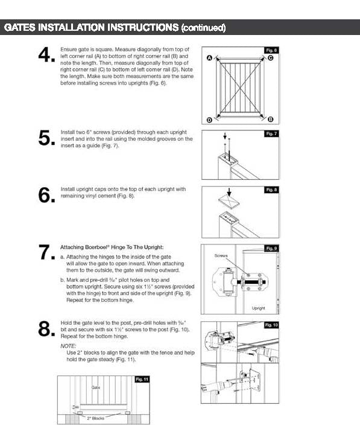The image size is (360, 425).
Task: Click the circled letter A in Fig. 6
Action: (209, 58)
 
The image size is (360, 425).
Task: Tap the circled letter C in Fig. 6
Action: (270, 58)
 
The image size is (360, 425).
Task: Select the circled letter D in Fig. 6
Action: (209, 120)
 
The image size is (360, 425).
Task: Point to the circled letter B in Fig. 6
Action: (270, 120)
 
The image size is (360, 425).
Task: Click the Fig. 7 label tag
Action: (271, 133)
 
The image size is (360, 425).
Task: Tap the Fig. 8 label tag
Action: (271, 190)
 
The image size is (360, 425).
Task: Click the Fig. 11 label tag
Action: (142, 379)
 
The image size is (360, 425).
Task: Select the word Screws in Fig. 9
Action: (221, 255)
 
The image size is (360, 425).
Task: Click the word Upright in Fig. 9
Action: (259, 308)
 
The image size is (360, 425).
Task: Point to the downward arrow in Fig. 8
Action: (229, 193)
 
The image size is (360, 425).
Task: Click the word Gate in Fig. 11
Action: (96, 388)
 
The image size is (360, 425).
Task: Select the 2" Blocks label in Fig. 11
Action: (95, 418)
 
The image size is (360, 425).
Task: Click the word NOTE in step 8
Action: (68, 346)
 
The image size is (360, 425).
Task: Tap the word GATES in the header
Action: (20, 27)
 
